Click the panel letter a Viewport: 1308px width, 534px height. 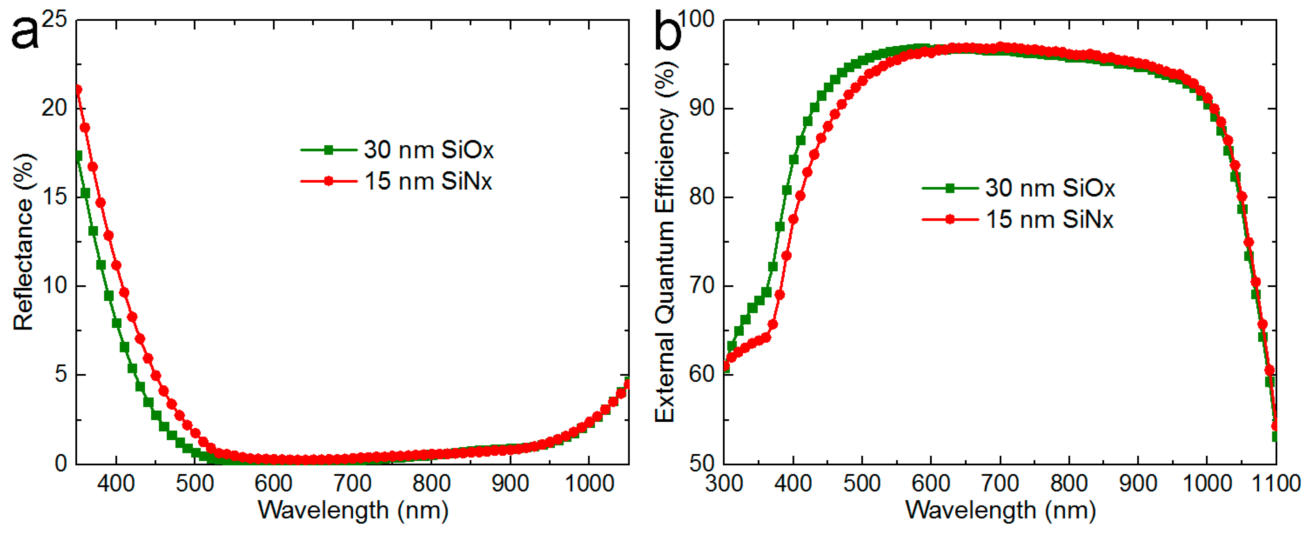pos(24,33)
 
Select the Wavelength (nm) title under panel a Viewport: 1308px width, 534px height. pos(353,510)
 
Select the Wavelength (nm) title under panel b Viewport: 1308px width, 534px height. pos(1000,510)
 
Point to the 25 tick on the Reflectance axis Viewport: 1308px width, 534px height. pos(54,19)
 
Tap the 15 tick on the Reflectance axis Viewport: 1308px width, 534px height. pos(54,197)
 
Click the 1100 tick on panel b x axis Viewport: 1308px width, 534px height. pos(1275,483)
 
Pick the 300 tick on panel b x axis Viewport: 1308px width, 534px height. pos(724,483)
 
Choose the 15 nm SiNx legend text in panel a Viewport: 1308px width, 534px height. pos(428,181)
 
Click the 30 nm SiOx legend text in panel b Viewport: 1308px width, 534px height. pos(1050,188)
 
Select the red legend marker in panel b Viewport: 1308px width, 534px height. pos(949,219)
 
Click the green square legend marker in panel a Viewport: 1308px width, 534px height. pos(329,150)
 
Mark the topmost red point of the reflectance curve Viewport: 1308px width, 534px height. pos(78,90)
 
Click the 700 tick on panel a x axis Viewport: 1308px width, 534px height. pos(352,483)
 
